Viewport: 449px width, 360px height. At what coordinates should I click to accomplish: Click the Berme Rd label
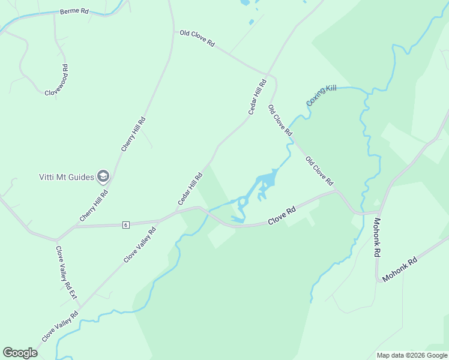point(74,11)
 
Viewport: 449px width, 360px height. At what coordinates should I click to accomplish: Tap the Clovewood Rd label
point(57,79)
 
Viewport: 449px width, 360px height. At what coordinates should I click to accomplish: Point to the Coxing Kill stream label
point(321,95)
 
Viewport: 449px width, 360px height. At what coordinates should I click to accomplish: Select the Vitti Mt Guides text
point(66,177)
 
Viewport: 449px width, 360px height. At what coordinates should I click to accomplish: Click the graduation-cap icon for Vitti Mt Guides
point(103,176)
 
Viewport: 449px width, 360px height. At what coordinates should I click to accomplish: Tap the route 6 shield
point(125,224)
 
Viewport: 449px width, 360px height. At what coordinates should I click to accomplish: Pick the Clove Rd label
point(282,216)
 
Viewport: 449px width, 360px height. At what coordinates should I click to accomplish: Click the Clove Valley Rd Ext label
point(66,272)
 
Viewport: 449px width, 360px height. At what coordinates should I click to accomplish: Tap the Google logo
point(20,353)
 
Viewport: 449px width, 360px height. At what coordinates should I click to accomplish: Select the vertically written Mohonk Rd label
point(377,238)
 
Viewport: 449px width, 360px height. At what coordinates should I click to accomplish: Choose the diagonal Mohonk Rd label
point(399,271)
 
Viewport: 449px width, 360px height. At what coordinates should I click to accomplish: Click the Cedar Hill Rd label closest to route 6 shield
point(190,189)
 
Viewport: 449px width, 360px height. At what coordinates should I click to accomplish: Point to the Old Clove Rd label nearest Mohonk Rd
point(319,171)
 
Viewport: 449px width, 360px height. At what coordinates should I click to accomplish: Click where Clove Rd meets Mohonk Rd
point(378,211)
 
